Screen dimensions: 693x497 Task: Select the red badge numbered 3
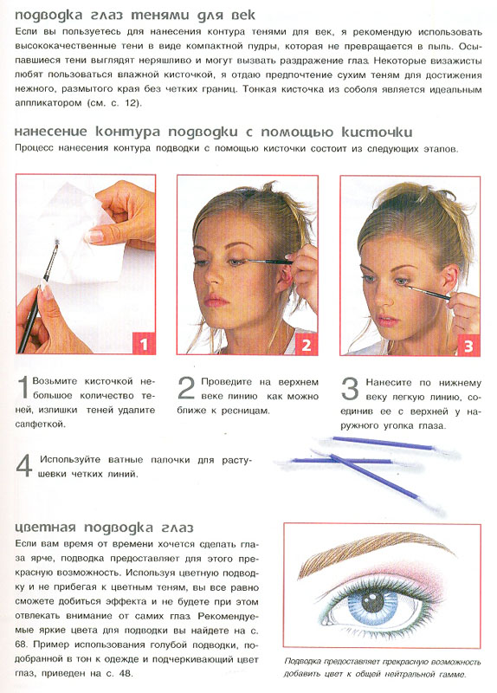click(x=468, y=345)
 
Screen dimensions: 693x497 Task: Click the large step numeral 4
click(x=24, y=465)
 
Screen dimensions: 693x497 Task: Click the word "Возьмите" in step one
click(x=60, y=381)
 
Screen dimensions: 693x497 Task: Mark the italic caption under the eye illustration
click(x=383, y=667)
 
